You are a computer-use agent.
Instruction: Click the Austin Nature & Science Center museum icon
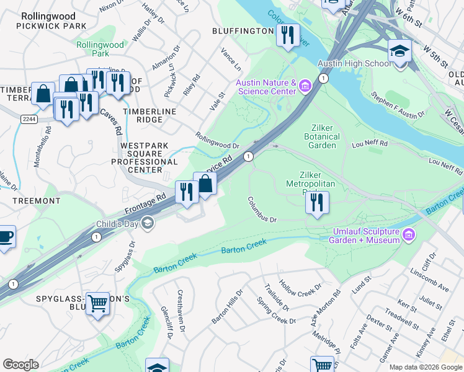(305, 86)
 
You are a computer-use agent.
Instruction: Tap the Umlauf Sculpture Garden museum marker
(409, 234)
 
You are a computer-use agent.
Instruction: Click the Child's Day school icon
(148, 224)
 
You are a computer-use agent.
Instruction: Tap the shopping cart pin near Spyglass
(97, 304)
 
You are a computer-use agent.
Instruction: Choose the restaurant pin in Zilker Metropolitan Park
(317, 202)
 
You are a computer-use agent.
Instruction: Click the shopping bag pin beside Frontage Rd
(205, 184)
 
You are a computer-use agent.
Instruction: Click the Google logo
(20, 365)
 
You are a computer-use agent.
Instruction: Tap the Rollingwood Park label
(92, 50)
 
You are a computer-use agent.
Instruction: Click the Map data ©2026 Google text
(425, 367)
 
